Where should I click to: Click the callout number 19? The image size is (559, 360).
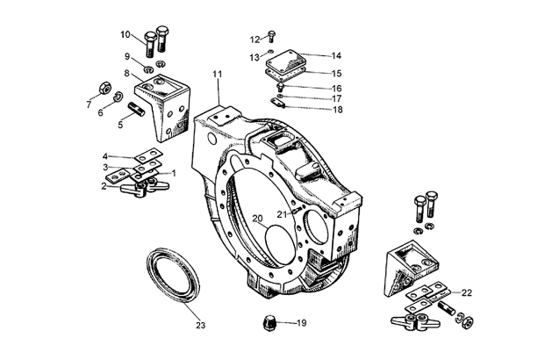(x=300, y=323)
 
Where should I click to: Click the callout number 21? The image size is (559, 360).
(x=281, y=212)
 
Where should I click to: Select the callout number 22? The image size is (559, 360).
(x=467, y=292)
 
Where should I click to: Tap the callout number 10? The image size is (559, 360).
(x=125, y=35)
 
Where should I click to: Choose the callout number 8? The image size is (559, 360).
(x=127, y=74)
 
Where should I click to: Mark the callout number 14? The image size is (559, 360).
(x=312, y=55)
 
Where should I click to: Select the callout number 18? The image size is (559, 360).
(x=312, y=110)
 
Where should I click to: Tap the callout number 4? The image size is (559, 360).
(x=105, y=155)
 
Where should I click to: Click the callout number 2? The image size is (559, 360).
(x=104, y=185)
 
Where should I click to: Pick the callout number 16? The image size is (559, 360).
(x=312, y=88)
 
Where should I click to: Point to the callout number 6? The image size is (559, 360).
(x=99, y=113)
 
